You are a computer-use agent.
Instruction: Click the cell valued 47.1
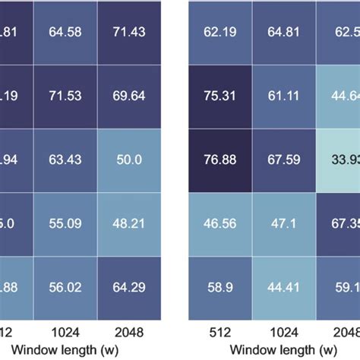point(283,225)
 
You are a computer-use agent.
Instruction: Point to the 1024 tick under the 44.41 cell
point(283,331)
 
